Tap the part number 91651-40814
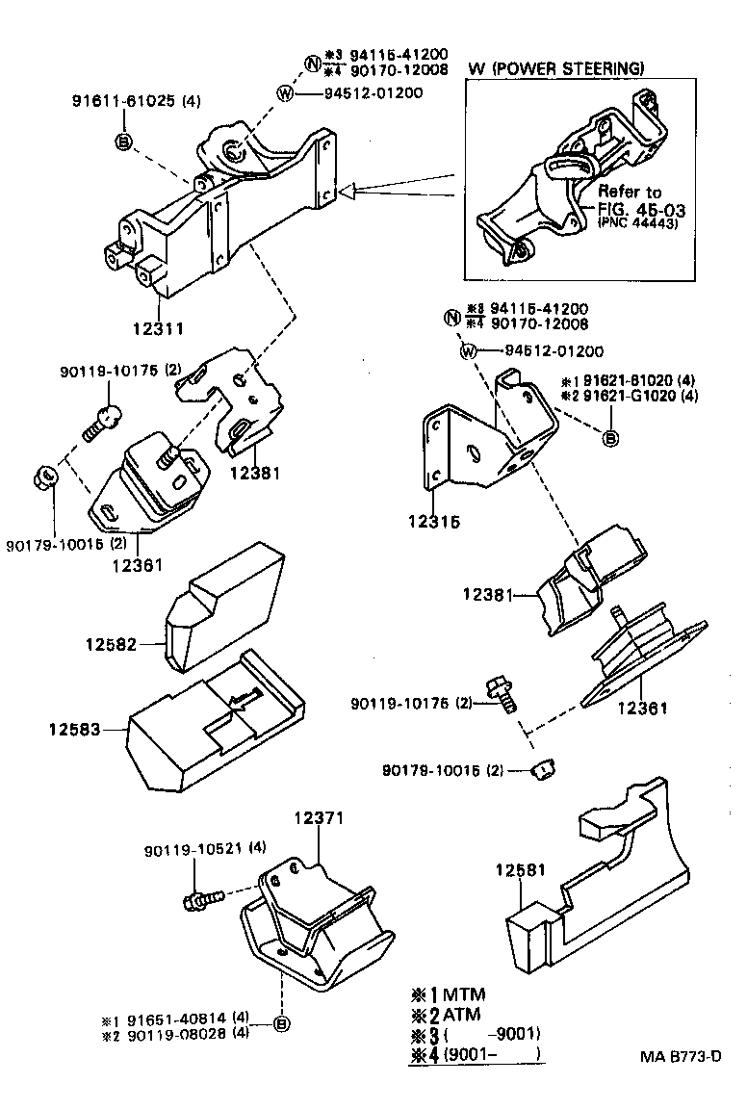[189, 1017]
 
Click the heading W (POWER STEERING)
[555, 68]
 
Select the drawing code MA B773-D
[681, 1056]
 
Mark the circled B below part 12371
[281, 1023]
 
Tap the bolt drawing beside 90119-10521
[202, 898]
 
